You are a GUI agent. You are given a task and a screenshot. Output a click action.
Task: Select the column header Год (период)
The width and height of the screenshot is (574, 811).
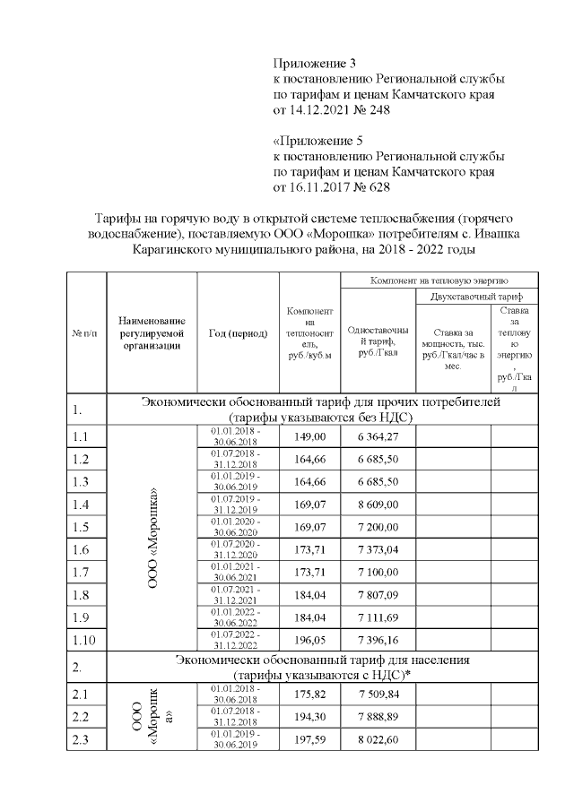click(x=238, y=332)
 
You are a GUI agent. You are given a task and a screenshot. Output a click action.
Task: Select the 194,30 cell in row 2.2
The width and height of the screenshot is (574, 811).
click(x=310, y=717)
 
